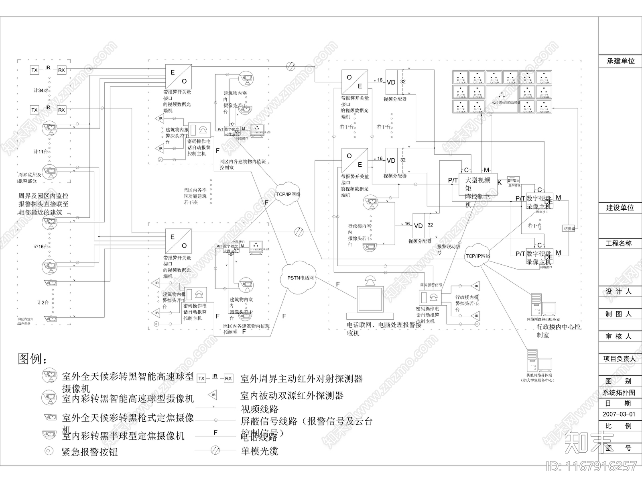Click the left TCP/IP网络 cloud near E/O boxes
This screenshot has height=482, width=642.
[288, 194]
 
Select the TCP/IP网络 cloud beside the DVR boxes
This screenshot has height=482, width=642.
[477, 255]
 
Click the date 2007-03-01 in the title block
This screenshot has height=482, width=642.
[619, 414]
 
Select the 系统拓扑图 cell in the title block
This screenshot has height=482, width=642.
[619, 392]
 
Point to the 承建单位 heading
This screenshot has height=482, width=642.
[620, 61]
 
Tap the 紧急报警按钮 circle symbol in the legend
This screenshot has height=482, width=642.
[49, 451]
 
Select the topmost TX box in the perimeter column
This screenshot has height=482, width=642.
[35, 70]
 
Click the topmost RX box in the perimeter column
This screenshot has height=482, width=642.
[61, 70]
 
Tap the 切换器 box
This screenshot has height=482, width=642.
[569, 229]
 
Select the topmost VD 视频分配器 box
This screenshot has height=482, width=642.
[391, 82]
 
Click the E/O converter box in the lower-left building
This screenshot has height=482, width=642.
[178, 241]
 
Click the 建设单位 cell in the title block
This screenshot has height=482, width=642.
[620, 208]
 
